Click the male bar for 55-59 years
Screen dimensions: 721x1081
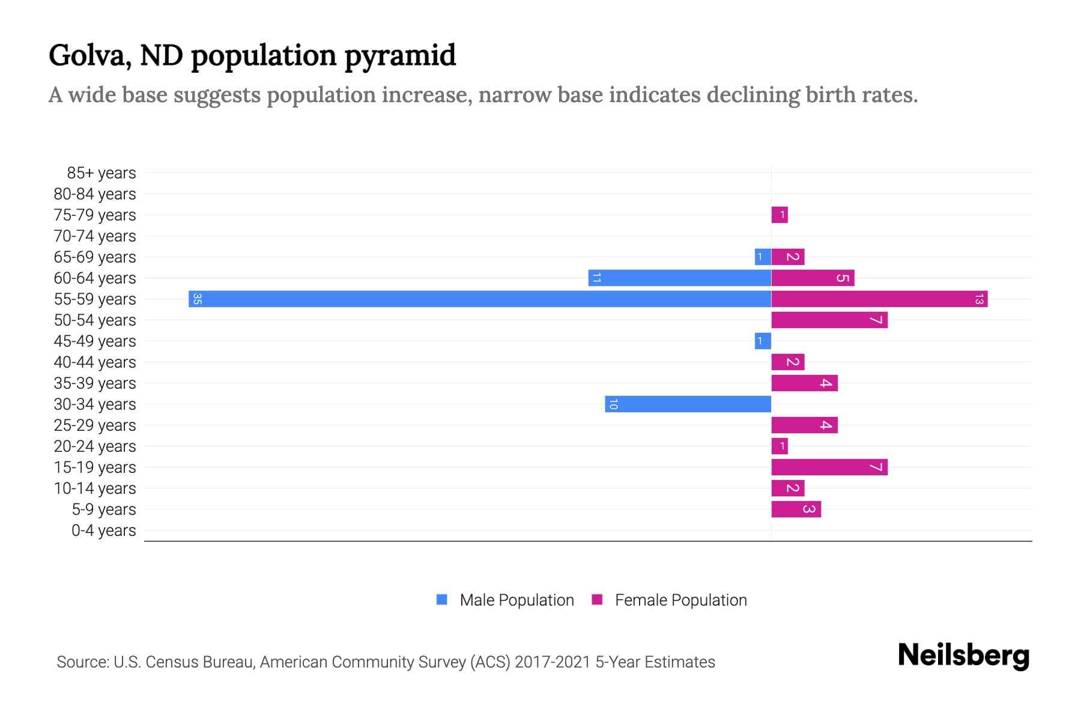point(480,299)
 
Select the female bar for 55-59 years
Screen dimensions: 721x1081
point(879,299)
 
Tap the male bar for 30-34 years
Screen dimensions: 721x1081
point(688,404)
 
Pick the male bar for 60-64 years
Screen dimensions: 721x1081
point(680,278)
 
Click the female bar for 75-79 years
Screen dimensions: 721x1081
point(780,214)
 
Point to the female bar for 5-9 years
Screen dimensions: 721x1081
point(796,509)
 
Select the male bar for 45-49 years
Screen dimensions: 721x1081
point(763,341)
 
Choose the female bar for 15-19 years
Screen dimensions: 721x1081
point(829,467)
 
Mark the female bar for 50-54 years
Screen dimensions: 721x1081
point(829,320)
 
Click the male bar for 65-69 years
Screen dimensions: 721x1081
point(763,257)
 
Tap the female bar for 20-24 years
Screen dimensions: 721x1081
point(780,446)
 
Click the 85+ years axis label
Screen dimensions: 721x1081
point(101,173)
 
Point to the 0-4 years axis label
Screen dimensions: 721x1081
point(103,531)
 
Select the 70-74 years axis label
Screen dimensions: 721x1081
point(95,236)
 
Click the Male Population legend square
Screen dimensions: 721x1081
point(442,600)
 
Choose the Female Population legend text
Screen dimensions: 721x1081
point(680,600)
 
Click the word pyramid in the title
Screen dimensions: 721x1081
point(400,55)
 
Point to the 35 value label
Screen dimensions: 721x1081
point(197,299)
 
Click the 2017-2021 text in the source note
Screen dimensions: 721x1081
point(553,662)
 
